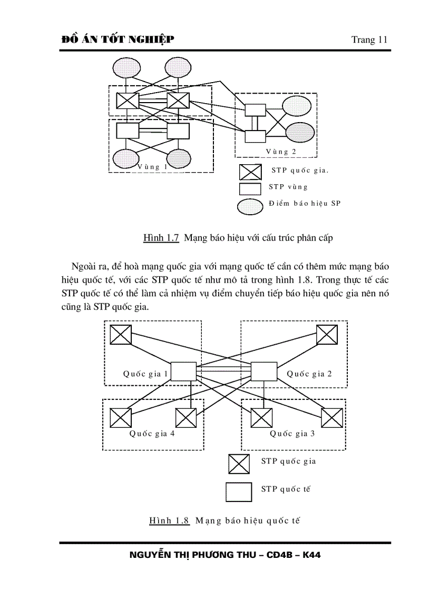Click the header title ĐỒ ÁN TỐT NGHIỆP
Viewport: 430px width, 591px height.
(x=118, y=39)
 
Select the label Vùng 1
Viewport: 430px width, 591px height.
(x=152, y=166)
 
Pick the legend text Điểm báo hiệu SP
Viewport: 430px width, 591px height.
(x=305, y=204)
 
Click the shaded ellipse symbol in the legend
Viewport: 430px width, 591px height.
(x=250, y=206)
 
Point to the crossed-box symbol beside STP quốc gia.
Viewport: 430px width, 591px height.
(x=250, y=172)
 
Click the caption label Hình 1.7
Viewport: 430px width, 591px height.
(x=161, y=238)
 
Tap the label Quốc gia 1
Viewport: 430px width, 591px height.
(x=145, y=374)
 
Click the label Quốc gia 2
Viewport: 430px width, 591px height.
(x=309, y=374)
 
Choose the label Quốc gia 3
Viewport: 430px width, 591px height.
(x=292, y=434)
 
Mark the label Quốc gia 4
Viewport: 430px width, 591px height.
(x=152, y=434)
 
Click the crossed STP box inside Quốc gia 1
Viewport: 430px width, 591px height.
(x=121, y=334)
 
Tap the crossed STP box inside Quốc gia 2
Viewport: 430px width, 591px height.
(x=327, y=334)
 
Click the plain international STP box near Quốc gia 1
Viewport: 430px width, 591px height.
(x=183, y=372)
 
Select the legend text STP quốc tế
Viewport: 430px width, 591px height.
(x=286, y=489)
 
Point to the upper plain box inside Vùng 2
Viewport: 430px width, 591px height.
(x=256, y=110)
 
